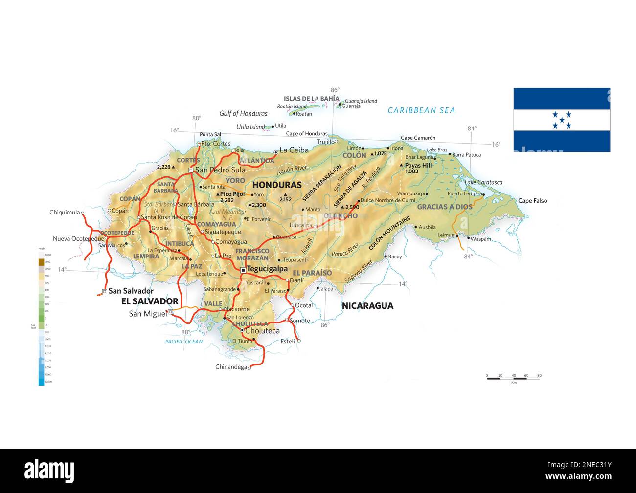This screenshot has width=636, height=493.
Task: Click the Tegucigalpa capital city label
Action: coord(267,269)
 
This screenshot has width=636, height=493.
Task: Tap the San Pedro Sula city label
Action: coord(220,170)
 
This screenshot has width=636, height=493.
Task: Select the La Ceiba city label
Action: coord(294,150)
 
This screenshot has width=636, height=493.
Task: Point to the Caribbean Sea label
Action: coord(421,110)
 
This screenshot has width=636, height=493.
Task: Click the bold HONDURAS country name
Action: coord(276,185)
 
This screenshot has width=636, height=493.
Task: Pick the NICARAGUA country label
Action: coord(367,306)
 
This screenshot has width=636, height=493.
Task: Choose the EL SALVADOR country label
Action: coord(150,301)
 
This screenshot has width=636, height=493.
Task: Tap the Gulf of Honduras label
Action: coord(243,114)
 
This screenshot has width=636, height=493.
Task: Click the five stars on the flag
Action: coord(562,120)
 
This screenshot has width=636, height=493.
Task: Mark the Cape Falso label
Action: coord(532,201)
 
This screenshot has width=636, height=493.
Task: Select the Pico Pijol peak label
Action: coord(232,194)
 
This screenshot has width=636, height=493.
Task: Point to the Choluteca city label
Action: coord(262,331)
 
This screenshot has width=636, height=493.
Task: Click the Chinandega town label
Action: coord(231,367)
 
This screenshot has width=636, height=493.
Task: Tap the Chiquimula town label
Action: coord(65,213)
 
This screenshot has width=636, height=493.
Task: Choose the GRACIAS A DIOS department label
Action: coord(444,207)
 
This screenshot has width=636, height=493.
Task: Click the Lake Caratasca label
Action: coord(483,182)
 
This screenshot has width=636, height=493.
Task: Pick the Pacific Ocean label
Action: coord(183,342)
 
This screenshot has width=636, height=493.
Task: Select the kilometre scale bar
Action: coord(513,378)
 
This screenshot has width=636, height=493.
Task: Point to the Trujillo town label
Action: coord(326,142)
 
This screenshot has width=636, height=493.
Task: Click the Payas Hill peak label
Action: coord(418,166)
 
